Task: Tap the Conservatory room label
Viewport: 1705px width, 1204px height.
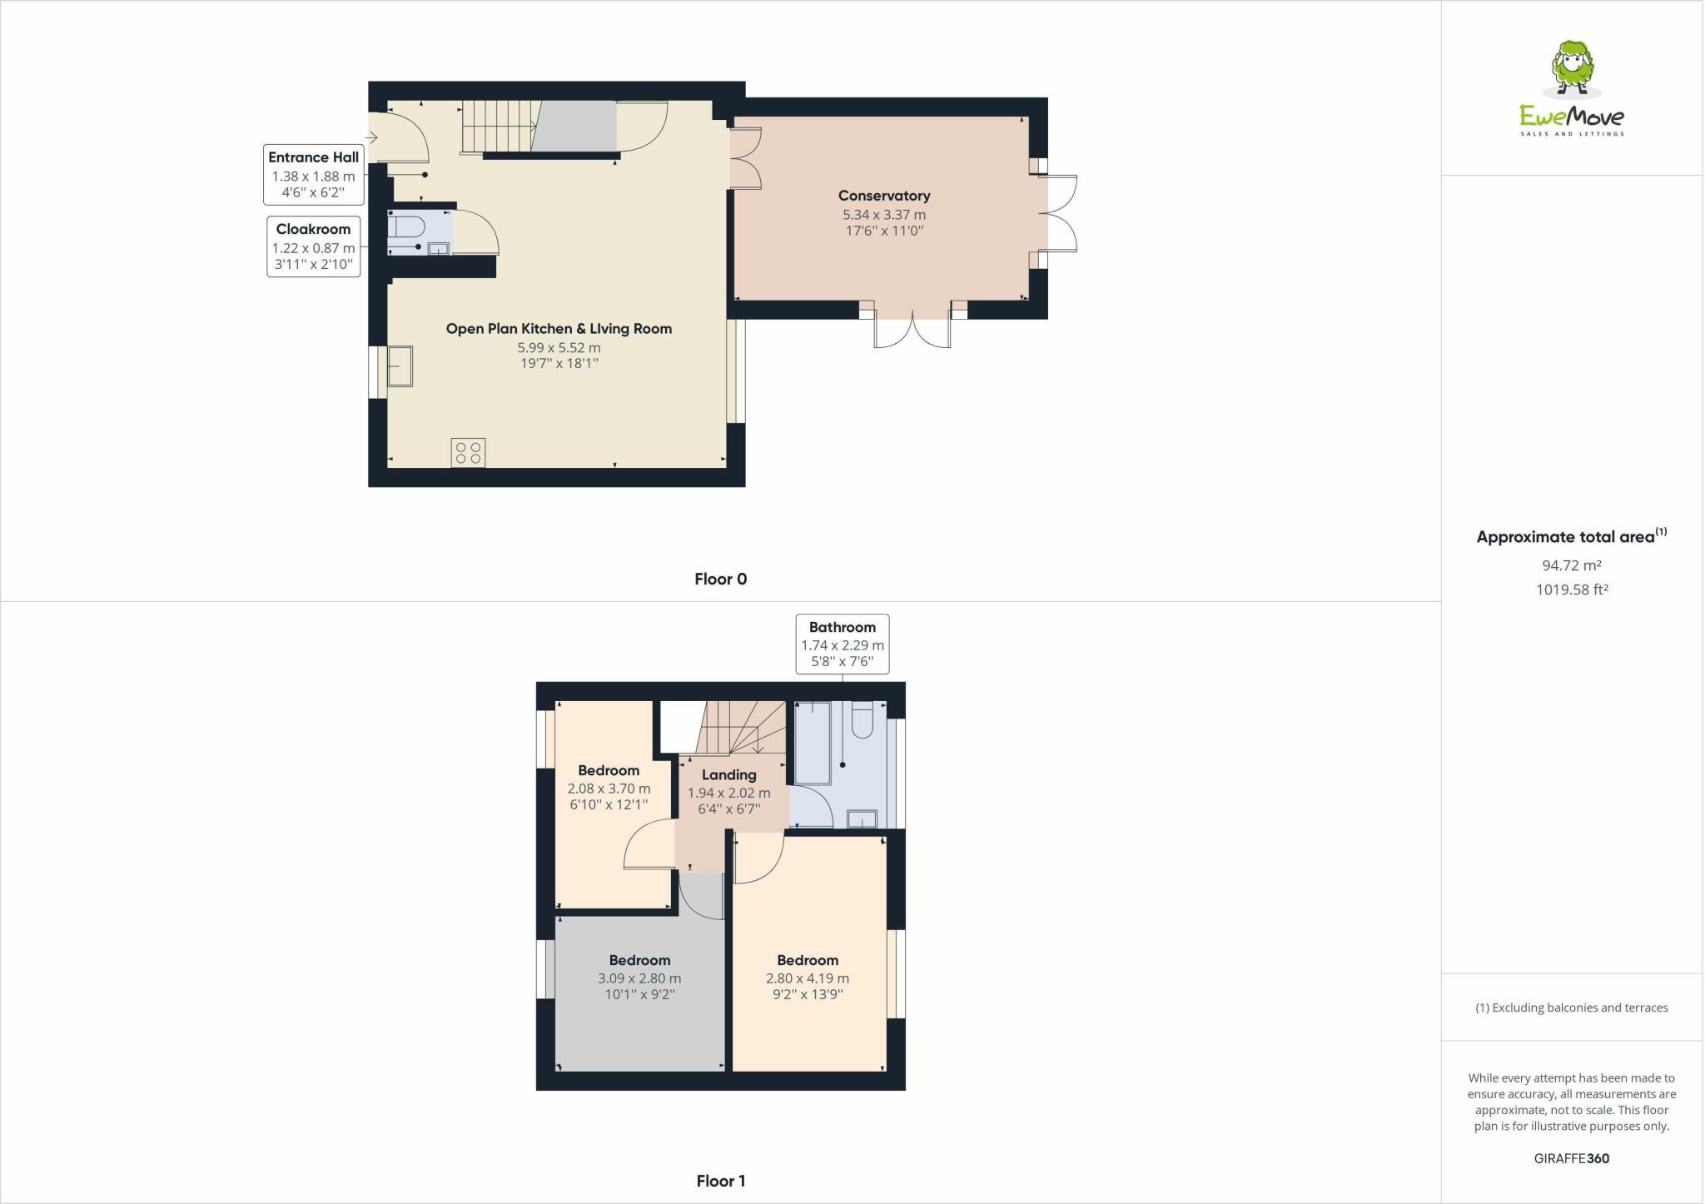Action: click(883, 196)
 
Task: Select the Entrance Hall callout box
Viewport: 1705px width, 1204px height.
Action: click(313, 175)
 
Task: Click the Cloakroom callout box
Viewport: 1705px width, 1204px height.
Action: click(313, 247)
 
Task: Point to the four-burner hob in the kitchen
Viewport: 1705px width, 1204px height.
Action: click(468, 453)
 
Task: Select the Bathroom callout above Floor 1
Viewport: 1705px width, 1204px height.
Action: click(842, 644)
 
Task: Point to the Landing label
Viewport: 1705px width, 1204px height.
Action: click(728, 774)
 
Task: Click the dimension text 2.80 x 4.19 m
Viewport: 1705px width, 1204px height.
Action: click(807, 978)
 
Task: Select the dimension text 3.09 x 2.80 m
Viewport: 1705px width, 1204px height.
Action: click(639, 978)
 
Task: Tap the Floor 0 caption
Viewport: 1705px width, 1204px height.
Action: click(720, 579)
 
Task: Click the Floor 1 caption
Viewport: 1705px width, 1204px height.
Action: click(720, 1181)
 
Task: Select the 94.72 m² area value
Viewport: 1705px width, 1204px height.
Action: click(1571, 565)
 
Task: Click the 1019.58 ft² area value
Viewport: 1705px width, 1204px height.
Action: click(1571, 590)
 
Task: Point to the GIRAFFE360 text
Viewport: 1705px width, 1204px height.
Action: click(1571, 1158)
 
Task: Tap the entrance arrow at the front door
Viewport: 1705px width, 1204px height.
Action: click(371, 137)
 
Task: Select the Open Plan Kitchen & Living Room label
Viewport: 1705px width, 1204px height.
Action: click(559, 329)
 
